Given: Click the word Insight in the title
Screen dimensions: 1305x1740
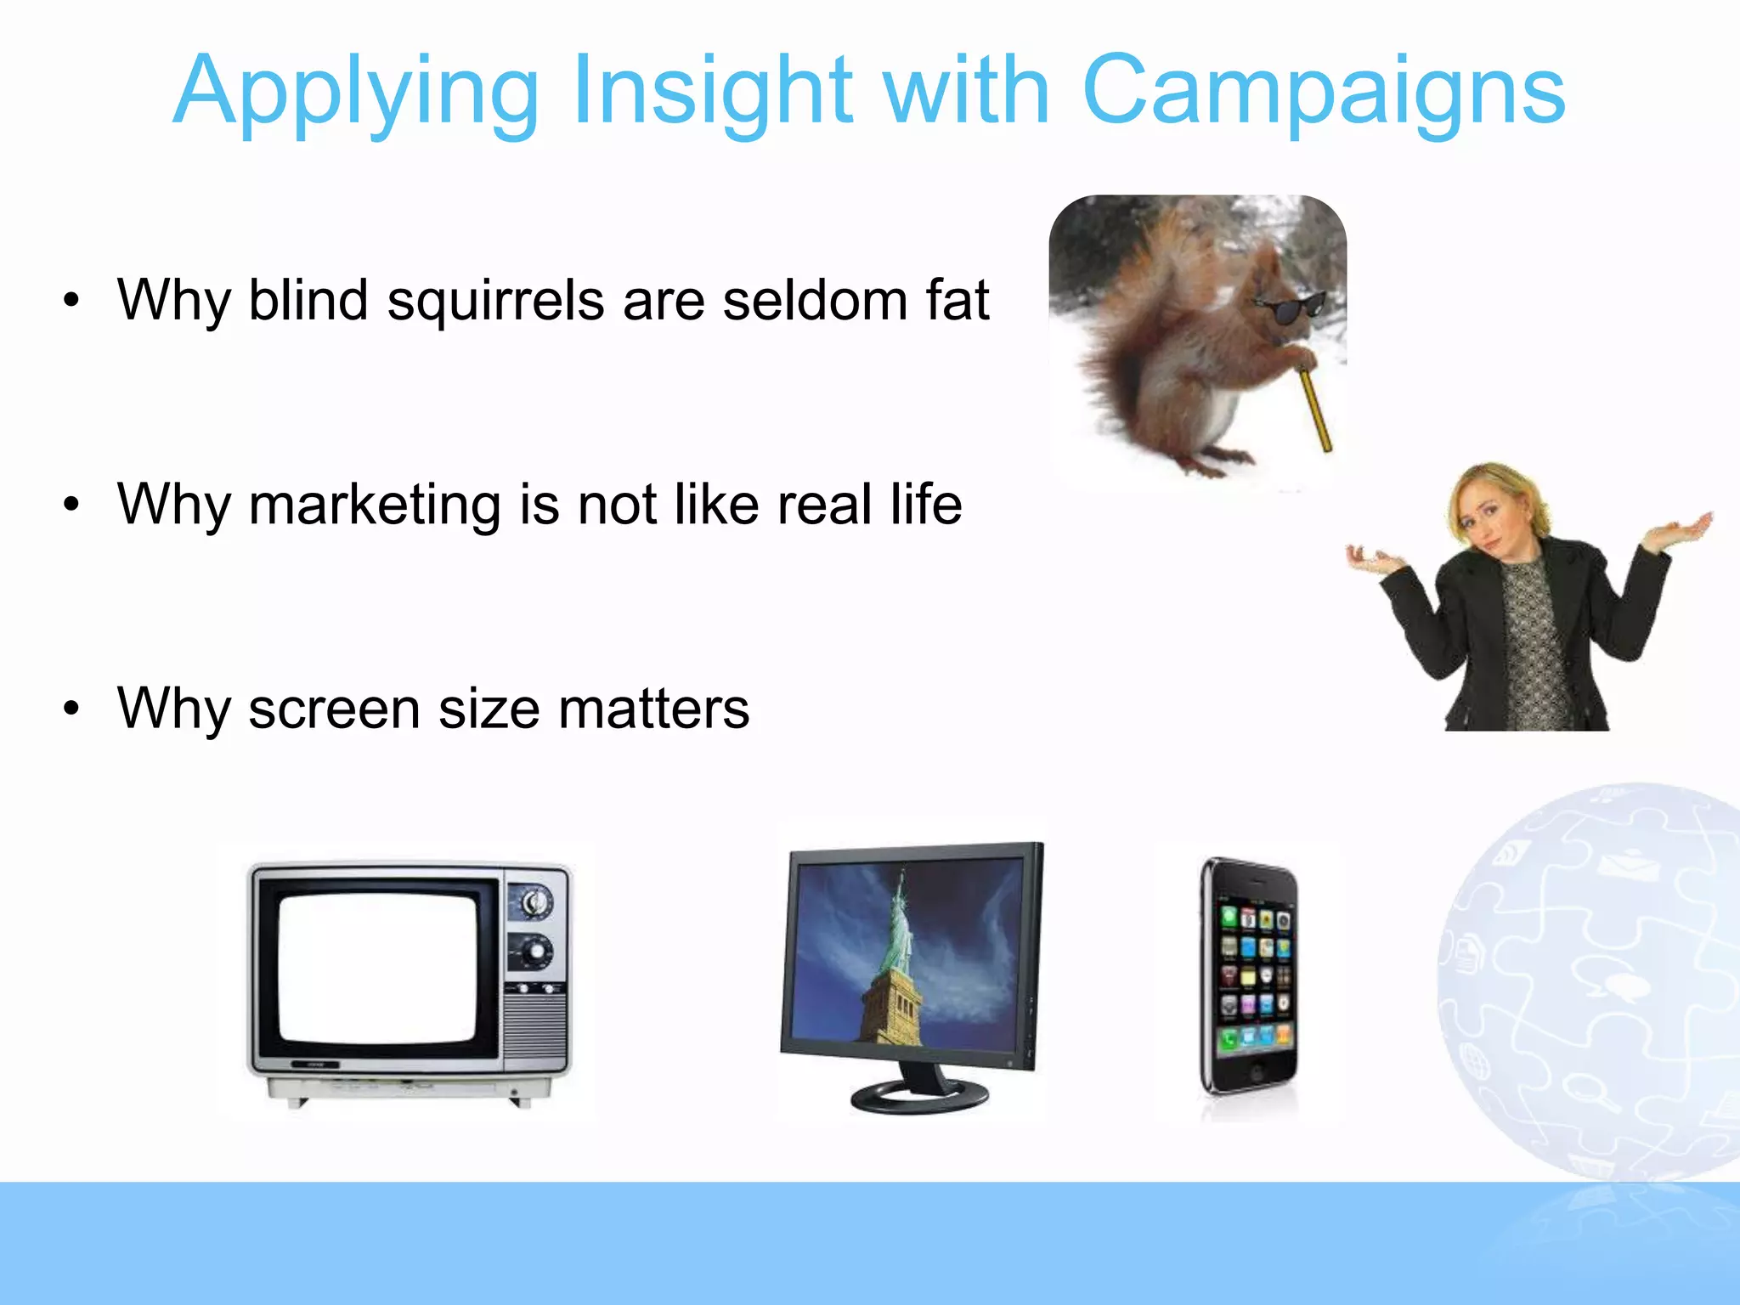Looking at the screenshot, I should click(x=712, y=92).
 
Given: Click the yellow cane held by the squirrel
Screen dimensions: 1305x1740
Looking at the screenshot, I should click(x=1315, y=406).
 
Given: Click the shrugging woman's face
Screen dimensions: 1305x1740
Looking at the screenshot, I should click(x=1495, y=518).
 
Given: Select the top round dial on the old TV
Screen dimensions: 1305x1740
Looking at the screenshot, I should click(x=534, y=902).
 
